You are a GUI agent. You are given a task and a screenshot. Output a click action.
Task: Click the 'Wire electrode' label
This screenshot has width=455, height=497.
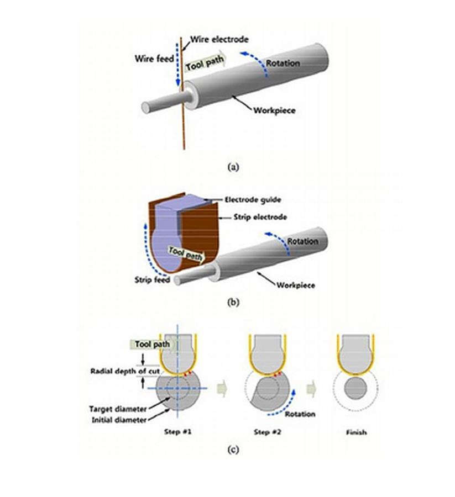219,40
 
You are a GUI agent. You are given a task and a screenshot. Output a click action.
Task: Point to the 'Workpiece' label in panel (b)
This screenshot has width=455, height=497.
296,285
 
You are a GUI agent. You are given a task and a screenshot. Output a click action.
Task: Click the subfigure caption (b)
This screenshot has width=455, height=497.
233,302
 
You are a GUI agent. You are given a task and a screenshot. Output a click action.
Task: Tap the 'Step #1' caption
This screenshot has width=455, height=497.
177,432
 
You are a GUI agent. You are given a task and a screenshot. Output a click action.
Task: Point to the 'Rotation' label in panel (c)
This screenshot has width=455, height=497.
301,414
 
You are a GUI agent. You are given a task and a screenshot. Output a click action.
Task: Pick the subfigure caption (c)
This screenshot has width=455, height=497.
233,449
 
